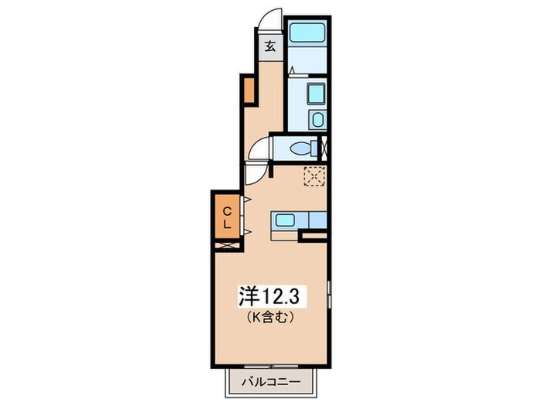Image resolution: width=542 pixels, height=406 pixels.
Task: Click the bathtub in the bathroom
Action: [307, 35]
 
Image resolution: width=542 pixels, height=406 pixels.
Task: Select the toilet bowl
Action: [297, 147]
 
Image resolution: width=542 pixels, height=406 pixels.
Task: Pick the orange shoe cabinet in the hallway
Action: [249, 90]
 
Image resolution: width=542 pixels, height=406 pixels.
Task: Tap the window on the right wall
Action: [330, 298]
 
